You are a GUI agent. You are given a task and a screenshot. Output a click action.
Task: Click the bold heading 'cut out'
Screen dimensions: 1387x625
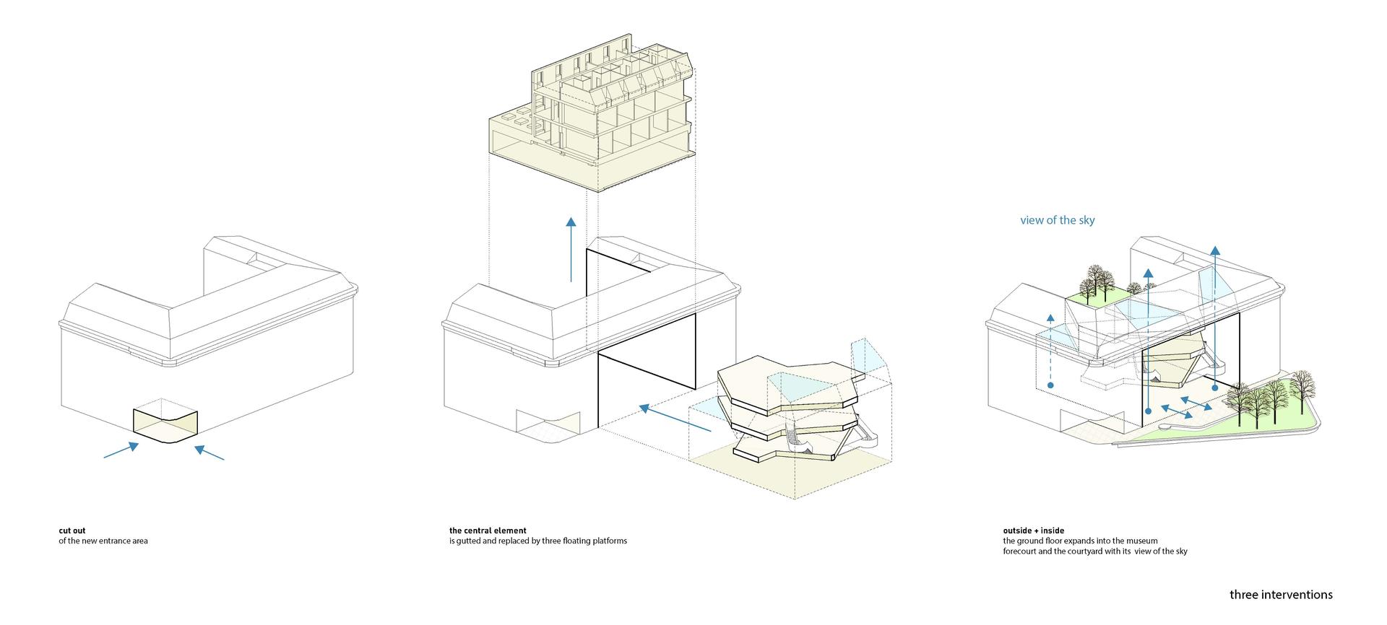(x=72, y=530)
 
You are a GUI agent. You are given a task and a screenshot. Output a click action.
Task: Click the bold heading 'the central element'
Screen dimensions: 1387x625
(x=488, y=530)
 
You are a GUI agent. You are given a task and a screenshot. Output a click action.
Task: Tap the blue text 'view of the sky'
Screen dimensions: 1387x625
(x=1058, y=220)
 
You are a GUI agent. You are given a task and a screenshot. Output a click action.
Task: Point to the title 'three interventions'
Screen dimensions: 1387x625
(x=1282, y=595)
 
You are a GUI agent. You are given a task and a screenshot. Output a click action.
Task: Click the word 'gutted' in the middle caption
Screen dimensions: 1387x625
(x=470, y=541)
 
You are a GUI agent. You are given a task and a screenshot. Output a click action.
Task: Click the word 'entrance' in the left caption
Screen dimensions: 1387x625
(x=114, y=541)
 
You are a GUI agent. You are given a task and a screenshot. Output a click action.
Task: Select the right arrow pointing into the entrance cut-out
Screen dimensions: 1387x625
(x=209, y=453)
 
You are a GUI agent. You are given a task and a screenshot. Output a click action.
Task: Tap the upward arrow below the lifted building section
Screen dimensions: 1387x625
(x=571, y=249)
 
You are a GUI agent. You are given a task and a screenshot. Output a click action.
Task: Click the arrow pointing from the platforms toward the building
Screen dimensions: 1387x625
(x=675, y=418)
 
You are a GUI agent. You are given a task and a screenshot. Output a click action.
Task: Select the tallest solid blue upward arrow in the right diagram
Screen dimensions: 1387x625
(x=1216, y=318)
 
